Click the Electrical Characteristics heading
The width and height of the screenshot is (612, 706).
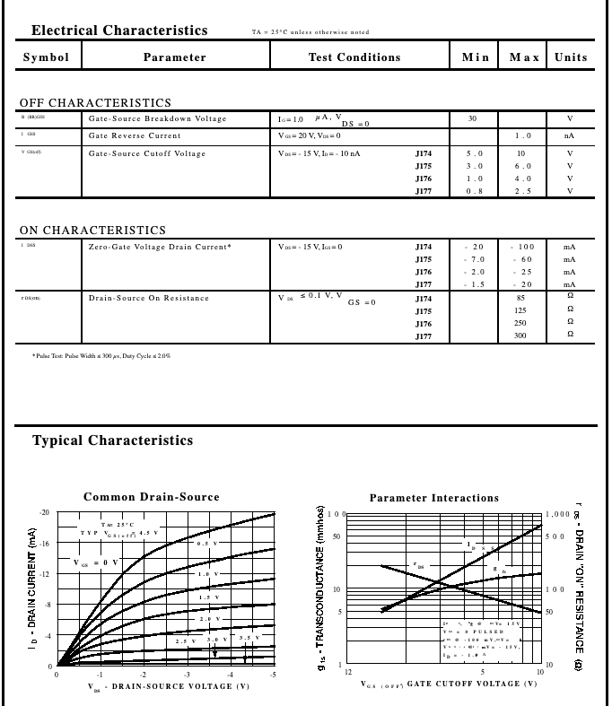pyautogui.click(x=119, y=31)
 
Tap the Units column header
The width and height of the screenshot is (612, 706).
pyautogui.click(x=571, y=57)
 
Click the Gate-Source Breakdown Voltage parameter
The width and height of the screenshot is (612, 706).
pyautogui.click(x=157, y=118)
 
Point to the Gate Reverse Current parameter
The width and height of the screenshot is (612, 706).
pyautogui.click(x=135, y=135)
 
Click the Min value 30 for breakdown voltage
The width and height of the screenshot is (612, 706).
pyautogui.click(x=473, y=118)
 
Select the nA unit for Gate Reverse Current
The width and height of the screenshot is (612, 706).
pyautogui.click(x=569, y=135)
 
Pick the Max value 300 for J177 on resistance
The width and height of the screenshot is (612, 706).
pyautogui.click(x=520, y=336)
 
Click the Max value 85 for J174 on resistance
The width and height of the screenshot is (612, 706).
pyautogui.click(x=520, y=298)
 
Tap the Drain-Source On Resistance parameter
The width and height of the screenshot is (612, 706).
pyautogui.click(x=148, y=298)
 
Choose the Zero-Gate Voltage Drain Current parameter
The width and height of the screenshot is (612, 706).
pyautogui.click(x=160, y=247)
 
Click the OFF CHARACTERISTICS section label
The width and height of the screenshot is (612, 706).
pyautogui.click(x=95, y=103)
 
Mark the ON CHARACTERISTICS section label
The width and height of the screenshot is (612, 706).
pyautogui.click(x=92, y=231)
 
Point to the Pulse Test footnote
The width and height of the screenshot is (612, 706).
pyautogui.click(x=101, y=356)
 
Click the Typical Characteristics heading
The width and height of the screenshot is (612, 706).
pyautogui.click(x=112, y=440)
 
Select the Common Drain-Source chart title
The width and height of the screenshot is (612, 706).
pyautogui.click(x=151, y=497)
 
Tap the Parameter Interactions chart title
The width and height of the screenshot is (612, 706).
pyautogui.click(x=433, y=498)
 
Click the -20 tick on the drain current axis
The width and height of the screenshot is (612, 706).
pyautogui.click(x=44, y=512)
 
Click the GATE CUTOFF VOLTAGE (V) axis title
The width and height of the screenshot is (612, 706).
pyautogui.click(x=449, y=684)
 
